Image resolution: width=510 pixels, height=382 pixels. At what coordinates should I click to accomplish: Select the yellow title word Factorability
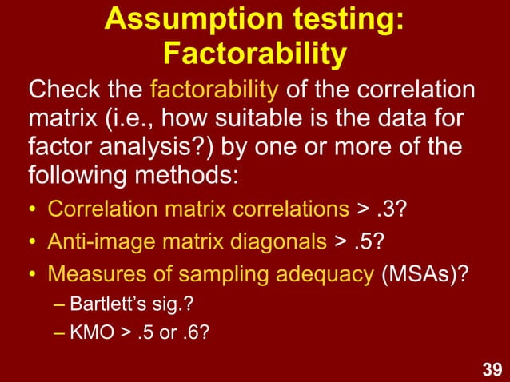click(x=254, y=54)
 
